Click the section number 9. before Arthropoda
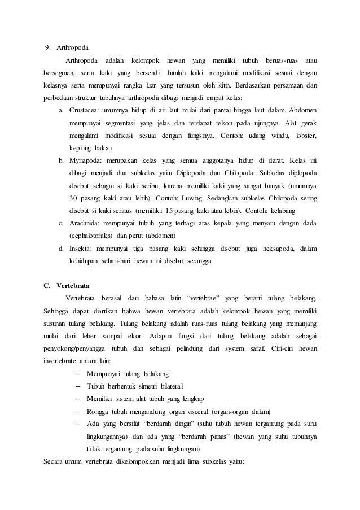point(48,47)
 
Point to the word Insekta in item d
point(80,249)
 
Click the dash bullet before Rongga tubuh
point(77,411)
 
